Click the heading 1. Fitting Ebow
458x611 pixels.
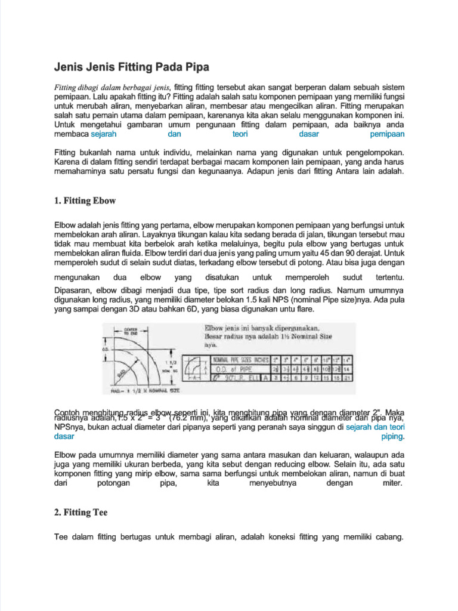(x=85, y=200)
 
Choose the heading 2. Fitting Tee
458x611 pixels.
(x=81, y=512)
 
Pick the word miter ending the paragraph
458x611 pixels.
(x=392, y=482)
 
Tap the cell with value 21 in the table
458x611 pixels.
(x=348, y=378)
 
